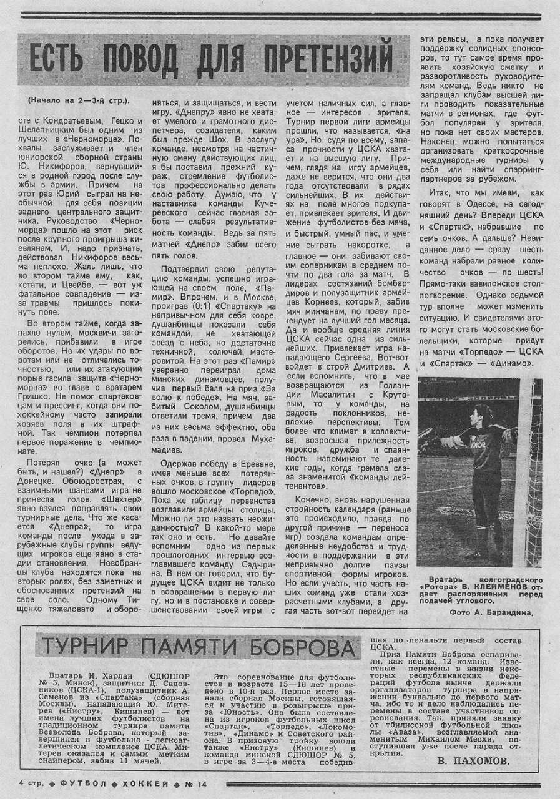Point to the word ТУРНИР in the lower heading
[85, 647]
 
